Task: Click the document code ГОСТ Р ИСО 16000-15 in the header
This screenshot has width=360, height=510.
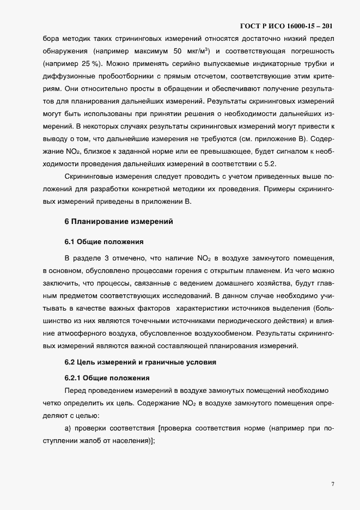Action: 286,26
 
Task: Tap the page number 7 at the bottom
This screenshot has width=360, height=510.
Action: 332,484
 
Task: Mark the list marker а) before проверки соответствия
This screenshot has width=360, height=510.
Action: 69,429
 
